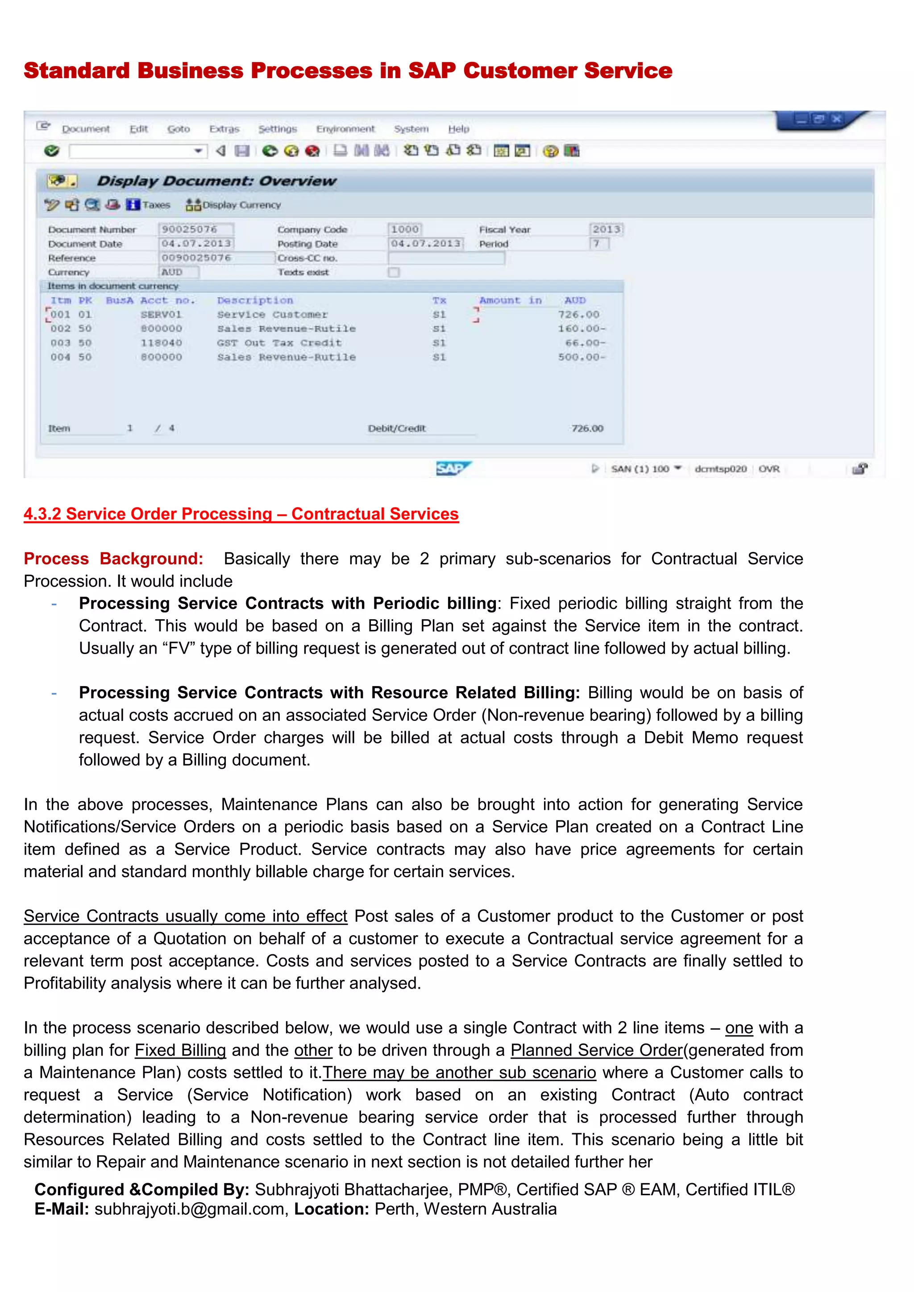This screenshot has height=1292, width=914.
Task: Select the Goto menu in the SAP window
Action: click(x=179, y=129)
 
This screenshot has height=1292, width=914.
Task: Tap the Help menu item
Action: click(x=458, y=129)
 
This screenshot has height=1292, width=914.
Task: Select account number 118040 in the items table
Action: click(x=161, y=343)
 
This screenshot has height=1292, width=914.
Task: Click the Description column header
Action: click(x=255, y=301)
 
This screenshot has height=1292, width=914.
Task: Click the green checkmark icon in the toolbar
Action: click(x=52, y=151)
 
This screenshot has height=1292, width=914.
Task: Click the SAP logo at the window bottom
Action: click(x=453, y=468)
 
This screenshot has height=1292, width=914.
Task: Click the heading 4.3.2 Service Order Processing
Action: click(x=241, y=514)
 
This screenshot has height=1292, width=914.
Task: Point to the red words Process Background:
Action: click(x=113, y=559)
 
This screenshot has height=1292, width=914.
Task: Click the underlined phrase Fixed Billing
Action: click(x=180, y=1050)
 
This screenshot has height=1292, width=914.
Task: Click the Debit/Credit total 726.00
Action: click(x=587, y=429)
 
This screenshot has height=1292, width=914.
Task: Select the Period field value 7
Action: click(x=598, y=244)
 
